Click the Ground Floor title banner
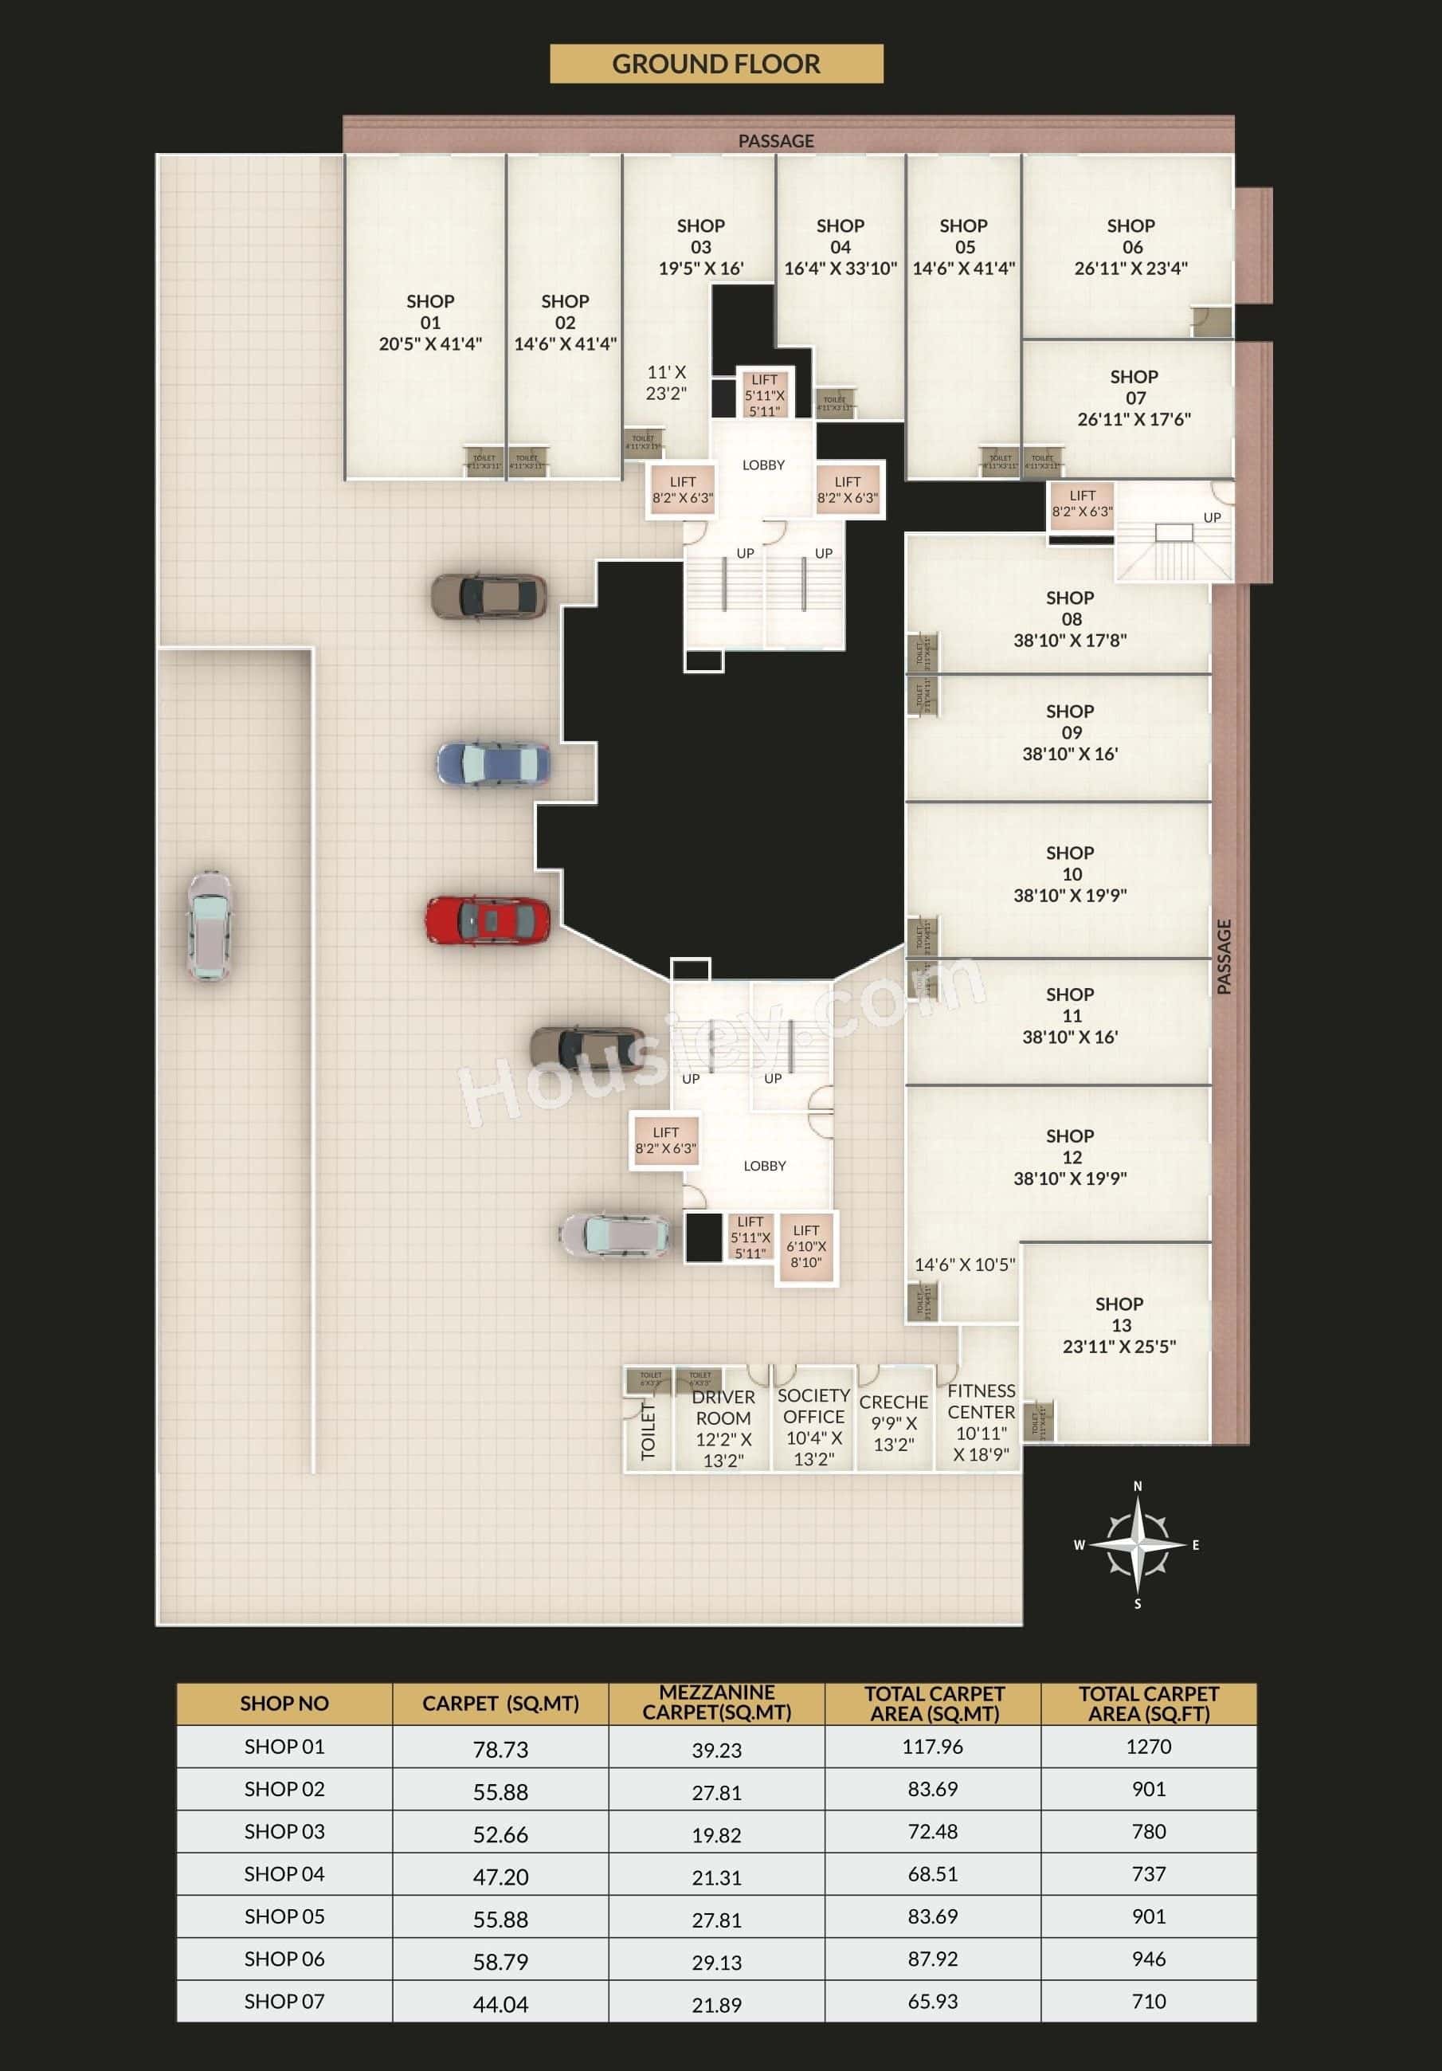pos(716,64)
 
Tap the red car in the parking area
pos(487,921)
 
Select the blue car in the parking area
pos(492,764)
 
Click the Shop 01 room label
pos(430,322)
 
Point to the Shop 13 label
pos(1119,1324)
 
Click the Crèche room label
pos(893,1422)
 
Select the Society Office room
pos(813,1426)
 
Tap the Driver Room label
pos(723,1428)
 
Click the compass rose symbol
pos(1137,1544)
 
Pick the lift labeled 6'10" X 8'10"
pos(806,1245)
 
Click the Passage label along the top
pos(775,141)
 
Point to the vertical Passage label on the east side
pos(1224,956)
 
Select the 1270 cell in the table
pos(1148,1746)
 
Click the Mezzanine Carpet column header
pos(716,1703)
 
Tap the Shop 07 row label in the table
pos(284,2001)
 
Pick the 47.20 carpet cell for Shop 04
pos(500,1876)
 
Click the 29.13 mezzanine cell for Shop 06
pos(716,1962)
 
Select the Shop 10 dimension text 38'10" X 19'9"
pos(1070,895)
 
